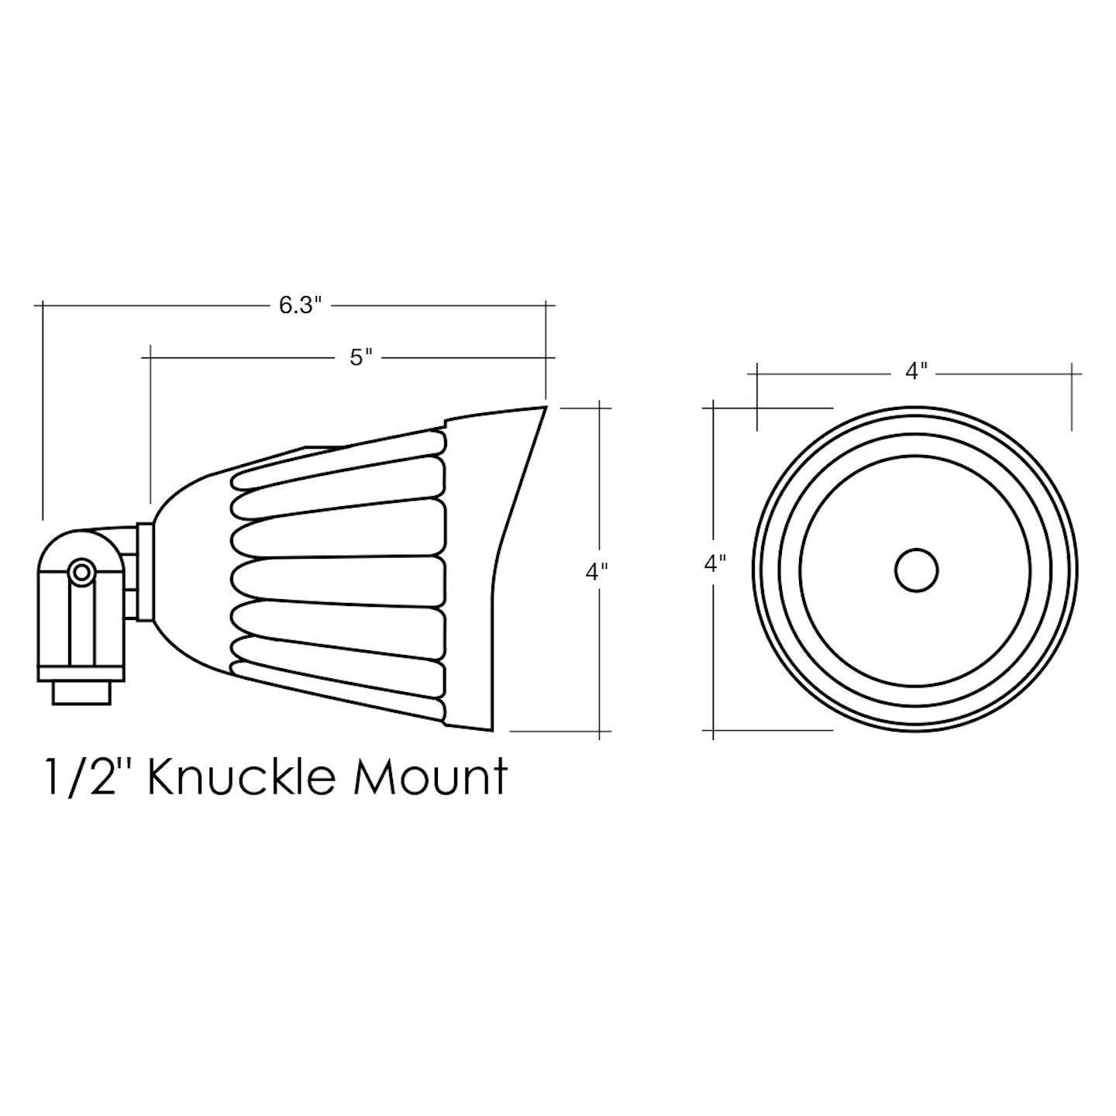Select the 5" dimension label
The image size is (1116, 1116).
coord(361,357)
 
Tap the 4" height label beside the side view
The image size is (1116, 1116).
coord(596,572)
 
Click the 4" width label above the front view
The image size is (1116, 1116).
coord(916,372)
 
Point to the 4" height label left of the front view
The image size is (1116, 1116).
coord(715,563)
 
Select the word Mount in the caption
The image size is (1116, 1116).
coord(430,777)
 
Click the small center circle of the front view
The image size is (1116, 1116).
coord(916,570)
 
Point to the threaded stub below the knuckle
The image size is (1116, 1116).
coord(81,693)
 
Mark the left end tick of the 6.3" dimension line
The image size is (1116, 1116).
coord(43,305)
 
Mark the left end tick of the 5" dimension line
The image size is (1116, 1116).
coord(150,357)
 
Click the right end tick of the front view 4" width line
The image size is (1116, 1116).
coord(1073,373)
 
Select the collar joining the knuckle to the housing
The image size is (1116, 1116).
coord(143,572)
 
